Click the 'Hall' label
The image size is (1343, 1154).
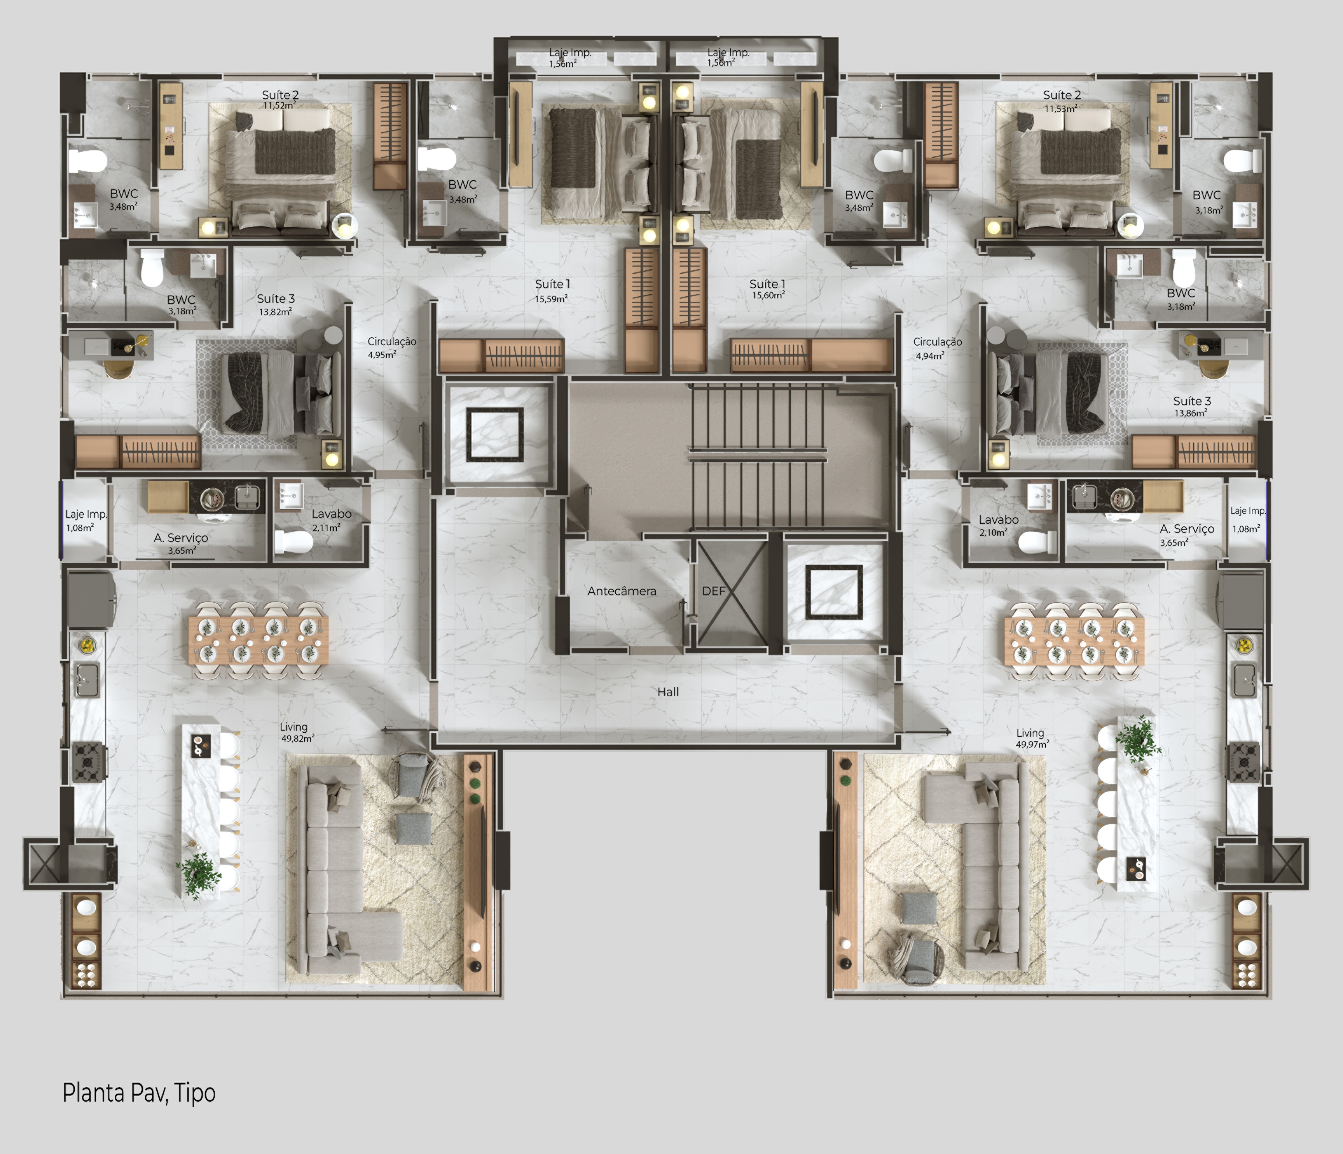[668, 692]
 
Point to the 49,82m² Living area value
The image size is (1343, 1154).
[297, 739]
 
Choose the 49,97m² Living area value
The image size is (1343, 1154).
[1032, 744]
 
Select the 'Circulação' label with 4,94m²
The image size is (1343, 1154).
[937, 342]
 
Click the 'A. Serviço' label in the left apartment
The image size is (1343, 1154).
[181, 537]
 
